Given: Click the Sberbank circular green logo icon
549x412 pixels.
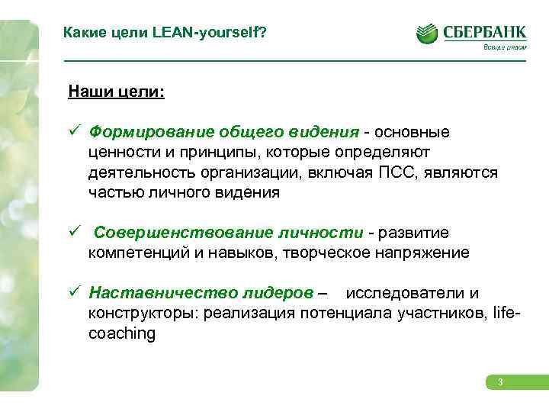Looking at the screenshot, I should pos(427,34).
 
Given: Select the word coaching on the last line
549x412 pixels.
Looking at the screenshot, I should pos(122,333).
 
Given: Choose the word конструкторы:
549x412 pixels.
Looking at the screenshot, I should pos(144,313).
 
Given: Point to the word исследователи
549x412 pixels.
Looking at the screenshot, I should pos(404,293).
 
